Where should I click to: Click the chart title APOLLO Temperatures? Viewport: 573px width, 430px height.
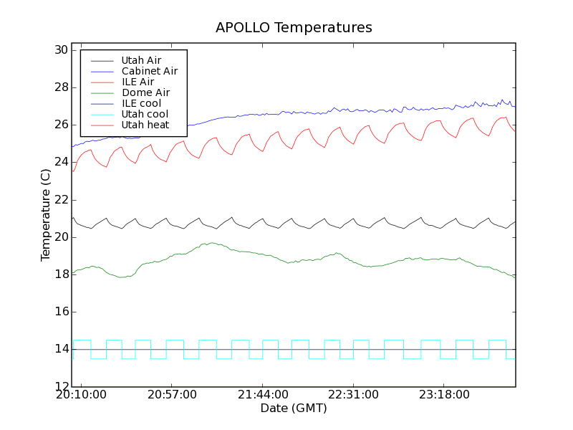[x=294, y=28]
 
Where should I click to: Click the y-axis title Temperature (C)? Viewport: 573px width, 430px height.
[x=46, y=215]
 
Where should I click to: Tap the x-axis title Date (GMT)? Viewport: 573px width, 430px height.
[x=294, y=408]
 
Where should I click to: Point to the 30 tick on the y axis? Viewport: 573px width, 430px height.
[x=60, y=50]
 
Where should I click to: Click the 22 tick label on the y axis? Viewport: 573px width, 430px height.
[x=60, y=200]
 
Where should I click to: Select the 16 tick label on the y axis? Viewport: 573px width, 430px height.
[x=60, y=312]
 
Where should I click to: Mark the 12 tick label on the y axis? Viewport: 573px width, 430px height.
[x=60, y=387]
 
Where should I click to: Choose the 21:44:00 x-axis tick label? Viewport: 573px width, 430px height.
[x=262, y=395]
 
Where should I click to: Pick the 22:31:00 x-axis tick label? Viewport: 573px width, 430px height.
[x=353, y=395]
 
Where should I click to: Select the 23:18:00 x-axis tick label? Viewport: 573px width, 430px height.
[x=444, y=395]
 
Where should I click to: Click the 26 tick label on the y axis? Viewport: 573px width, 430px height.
[x=60, y=125]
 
